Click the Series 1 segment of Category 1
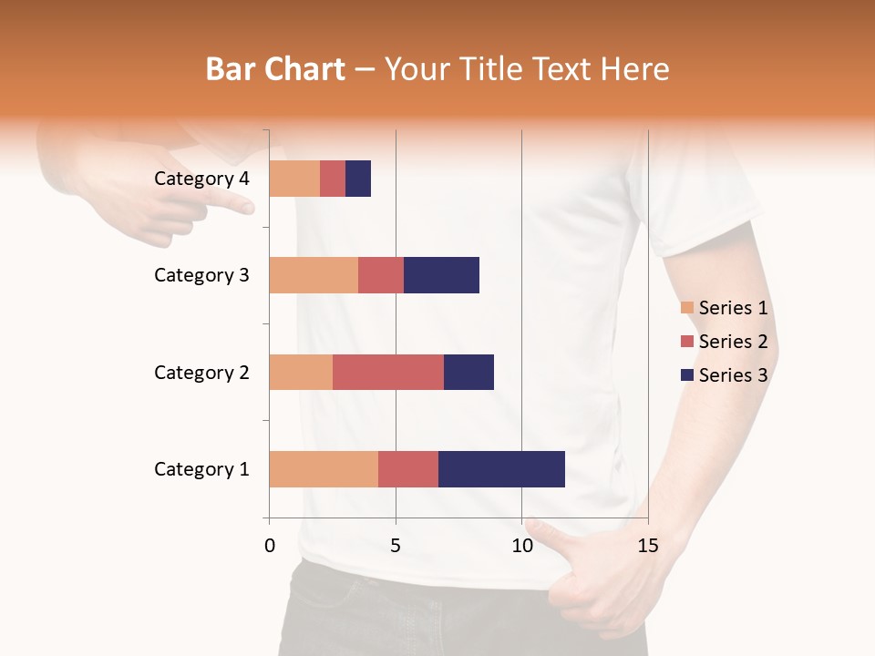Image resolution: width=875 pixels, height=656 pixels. point(324,469)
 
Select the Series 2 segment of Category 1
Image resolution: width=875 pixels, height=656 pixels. point(408,469)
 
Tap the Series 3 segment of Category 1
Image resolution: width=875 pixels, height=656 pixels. point(501,469)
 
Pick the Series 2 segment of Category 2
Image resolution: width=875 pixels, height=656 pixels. point(388,372)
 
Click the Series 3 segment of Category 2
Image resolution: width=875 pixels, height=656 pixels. point(468,372)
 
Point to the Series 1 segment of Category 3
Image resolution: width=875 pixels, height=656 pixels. point(314,275)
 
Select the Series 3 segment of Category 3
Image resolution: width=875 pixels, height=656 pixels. point(441,275)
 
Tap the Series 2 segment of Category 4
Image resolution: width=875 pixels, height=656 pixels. point(333,179)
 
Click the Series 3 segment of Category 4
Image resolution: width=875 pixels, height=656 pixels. point(358,179)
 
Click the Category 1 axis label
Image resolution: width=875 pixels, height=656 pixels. point(201,469)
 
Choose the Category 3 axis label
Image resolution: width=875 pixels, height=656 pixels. point(201,275)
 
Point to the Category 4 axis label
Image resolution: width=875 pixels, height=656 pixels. point(201,179)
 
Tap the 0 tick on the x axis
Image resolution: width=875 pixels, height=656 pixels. point(270,546)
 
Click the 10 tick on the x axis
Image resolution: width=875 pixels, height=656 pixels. point(521,546)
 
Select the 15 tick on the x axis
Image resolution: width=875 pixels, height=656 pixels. point(648,546)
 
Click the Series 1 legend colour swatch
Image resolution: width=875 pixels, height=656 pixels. point(686,308)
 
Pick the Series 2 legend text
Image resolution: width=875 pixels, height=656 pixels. point(733,342)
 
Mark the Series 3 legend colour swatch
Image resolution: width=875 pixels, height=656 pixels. point(686,375)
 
